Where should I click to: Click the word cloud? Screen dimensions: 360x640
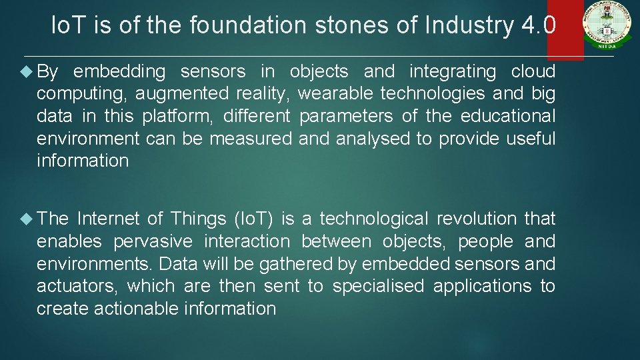pos(533,71)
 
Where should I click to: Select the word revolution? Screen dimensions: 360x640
pos(477,219)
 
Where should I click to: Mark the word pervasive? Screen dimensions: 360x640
pos(154,241)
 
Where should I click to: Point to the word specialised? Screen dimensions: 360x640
pos(378,286)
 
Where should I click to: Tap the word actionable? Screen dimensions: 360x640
pos(137,309)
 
